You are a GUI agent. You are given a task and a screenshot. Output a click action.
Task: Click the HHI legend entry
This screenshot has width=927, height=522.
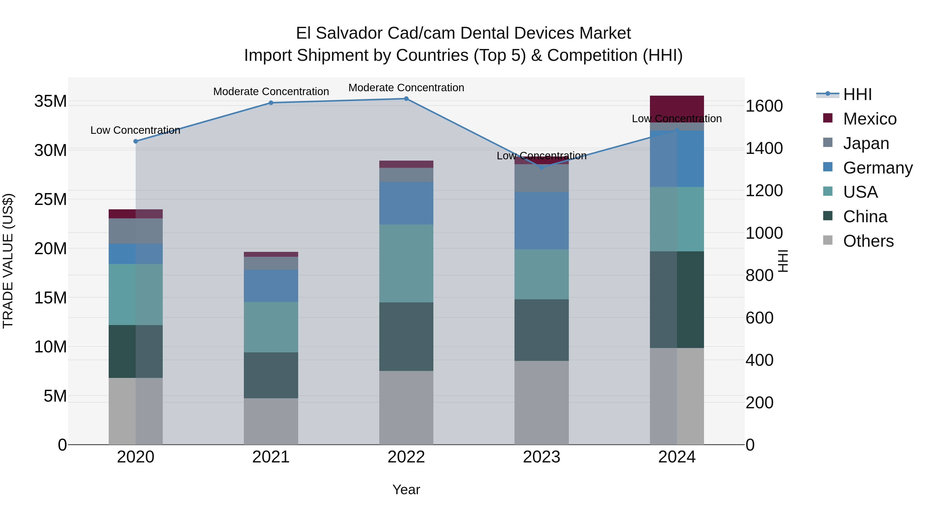857,94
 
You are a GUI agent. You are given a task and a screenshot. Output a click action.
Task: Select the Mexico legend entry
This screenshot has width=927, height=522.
869,119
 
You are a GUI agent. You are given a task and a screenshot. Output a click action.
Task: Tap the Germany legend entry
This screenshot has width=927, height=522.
877,168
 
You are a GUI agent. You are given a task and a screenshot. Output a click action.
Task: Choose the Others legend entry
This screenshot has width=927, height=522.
868,241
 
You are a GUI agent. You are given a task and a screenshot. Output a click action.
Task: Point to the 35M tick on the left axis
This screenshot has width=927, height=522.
50,101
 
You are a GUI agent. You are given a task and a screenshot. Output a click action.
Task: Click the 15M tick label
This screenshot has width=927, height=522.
50,298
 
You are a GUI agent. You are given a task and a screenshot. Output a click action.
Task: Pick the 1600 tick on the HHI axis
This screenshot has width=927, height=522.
764,106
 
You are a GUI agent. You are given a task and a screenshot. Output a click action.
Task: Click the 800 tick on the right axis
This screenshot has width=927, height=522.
759,276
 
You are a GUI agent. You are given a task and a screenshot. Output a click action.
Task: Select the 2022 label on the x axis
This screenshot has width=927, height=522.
406,457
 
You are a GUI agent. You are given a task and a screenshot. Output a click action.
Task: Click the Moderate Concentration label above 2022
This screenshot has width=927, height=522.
406,88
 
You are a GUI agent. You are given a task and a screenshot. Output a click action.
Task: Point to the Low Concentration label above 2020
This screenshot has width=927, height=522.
135,130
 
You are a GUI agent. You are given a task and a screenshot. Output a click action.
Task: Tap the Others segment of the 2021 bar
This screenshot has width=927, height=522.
271,421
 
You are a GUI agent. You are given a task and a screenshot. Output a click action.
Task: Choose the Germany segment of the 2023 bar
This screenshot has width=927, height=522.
542,220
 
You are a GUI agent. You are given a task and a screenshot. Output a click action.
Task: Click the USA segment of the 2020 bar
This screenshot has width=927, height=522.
135,294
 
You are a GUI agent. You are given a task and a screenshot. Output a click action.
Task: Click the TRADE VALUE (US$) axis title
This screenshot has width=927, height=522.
8,261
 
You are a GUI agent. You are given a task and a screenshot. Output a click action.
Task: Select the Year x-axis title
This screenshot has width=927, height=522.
406,490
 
